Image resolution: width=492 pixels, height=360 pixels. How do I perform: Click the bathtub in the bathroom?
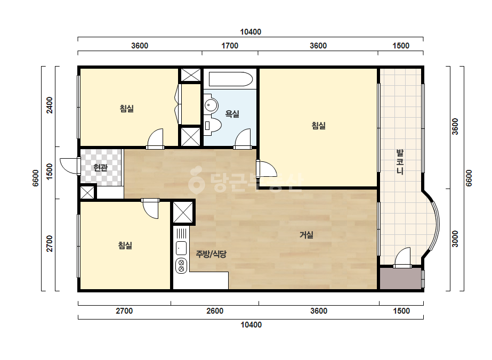(231, 79)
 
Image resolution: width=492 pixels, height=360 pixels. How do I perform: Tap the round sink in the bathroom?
(211, 104)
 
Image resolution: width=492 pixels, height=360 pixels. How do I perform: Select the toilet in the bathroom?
(213, 126)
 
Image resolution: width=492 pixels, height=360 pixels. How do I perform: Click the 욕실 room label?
(232, 113)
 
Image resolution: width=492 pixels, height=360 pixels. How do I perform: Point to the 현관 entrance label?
(100, 167)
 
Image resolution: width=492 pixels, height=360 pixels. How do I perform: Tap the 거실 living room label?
(307, 234)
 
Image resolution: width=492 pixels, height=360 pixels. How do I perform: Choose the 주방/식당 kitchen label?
(211, 253)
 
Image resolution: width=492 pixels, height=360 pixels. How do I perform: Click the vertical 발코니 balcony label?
(400, 162)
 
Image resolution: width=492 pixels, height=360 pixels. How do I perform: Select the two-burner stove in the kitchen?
(181, 265)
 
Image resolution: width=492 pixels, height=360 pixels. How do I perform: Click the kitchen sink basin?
(181, 248)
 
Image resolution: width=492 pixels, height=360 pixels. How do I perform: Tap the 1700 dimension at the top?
(230, 46)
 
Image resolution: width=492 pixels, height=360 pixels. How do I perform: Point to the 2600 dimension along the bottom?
(215, 311)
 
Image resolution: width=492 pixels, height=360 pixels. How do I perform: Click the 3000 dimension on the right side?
(455, 239)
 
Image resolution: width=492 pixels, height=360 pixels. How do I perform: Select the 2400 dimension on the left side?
(50, 105)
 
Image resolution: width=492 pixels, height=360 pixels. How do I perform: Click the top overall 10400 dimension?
(251, 32)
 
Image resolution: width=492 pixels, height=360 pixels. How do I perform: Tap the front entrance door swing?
(69, 165)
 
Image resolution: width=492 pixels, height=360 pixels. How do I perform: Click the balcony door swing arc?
(402, 257)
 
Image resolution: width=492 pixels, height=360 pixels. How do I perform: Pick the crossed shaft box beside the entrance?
(87, 193)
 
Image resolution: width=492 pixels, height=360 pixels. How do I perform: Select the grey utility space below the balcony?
(400, 279)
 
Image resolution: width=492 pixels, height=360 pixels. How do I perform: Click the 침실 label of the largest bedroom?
(318, 126)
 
